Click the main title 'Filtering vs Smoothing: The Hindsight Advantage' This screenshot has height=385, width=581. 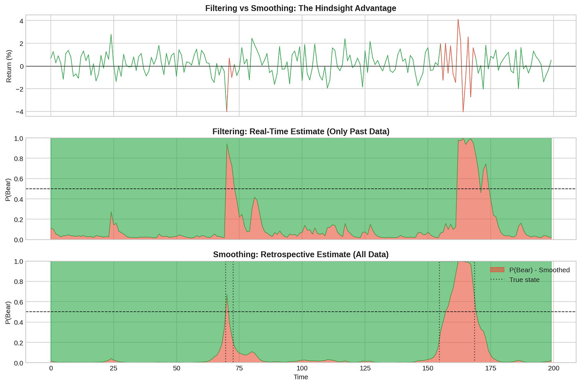coord(300,8)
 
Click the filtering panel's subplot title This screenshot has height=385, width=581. coord(301,131)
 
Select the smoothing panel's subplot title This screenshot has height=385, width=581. coord(301,254)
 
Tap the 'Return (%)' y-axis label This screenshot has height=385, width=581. coord(9,66)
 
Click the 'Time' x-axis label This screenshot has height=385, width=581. coord(301,377)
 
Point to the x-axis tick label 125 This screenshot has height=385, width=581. coord(365,368)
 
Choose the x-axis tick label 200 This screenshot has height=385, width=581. coord(553,368)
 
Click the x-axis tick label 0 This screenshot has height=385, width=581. coord(51,368)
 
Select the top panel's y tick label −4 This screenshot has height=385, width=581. coord(20,112)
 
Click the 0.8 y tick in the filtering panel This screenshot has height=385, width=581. coord(19,159)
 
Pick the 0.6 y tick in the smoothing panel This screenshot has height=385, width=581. coord(19,302)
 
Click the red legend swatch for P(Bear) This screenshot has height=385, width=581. coord(497,270)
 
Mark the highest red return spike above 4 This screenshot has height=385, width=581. coord(458,20)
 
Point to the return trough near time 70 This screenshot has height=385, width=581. coord(227,112)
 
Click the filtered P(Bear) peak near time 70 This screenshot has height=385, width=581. coord(227,144)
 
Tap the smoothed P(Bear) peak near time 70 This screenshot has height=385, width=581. coord(227,295)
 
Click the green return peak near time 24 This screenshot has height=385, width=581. coord(111,34)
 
